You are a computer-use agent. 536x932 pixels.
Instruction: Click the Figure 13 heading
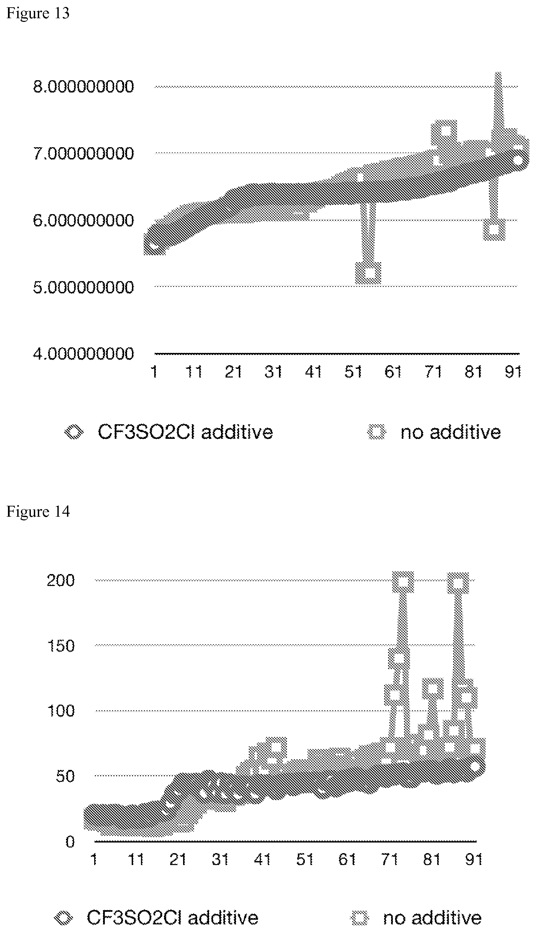[x=38, y=13]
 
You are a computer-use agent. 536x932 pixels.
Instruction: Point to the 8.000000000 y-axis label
[x=84, y=87]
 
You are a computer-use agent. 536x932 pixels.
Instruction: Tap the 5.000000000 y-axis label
[x=84, y=287]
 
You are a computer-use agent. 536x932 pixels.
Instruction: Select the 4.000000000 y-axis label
[x=84, y=354]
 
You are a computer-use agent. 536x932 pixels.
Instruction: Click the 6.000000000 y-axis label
[x=84, y=221]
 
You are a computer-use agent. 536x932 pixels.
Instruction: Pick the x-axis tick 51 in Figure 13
[x=353, y=372]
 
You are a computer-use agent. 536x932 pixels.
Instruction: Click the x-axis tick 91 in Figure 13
[x=513, y=372]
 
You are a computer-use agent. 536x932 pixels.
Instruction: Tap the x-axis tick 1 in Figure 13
[x=154, y=372]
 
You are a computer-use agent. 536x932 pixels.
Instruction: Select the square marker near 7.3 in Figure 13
[x=444, y=131]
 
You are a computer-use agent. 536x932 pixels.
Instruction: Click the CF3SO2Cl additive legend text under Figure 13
[x=185, y=432]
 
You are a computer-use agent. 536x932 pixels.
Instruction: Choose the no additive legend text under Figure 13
[x=451, y=432]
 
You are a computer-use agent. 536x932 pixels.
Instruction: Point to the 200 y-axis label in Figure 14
[x=61, y=580]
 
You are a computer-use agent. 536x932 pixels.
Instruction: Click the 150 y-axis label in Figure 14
[x=61, y=646]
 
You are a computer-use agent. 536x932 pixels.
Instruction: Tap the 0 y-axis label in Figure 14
[x=70, y=842]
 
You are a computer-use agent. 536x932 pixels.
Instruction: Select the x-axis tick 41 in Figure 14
[x=262, y=859]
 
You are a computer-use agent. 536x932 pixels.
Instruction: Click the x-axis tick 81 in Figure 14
[x=432, y=859]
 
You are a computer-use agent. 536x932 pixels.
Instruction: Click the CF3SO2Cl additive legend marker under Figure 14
[x=63, y=918]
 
